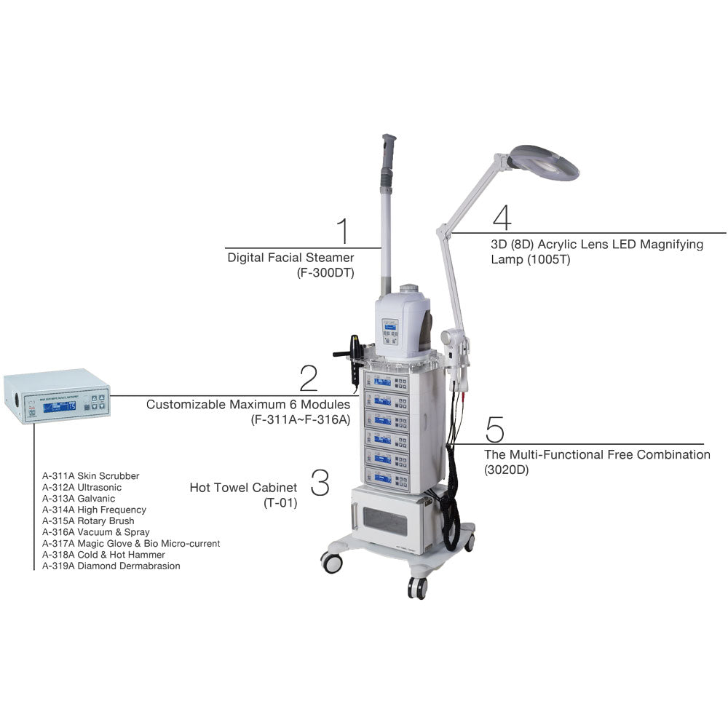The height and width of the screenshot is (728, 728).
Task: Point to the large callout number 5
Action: pos(494,430)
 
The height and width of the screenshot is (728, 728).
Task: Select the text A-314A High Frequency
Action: pos(94,510)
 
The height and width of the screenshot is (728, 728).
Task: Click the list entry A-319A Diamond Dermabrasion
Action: pos(111,566)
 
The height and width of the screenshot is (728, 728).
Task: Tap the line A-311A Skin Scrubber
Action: pos(90,476)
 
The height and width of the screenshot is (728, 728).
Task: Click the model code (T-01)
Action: pos(281,502)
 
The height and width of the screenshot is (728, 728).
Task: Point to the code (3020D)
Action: pos(507,470)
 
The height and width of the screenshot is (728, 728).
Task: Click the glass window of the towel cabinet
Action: pos(384,521)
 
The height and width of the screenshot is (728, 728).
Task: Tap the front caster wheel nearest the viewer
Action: pos(417,587)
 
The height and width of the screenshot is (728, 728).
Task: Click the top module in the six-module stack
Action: pos(392,381)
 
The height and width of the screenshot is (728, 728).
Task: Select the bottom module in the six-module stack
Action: pos(392,478)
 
